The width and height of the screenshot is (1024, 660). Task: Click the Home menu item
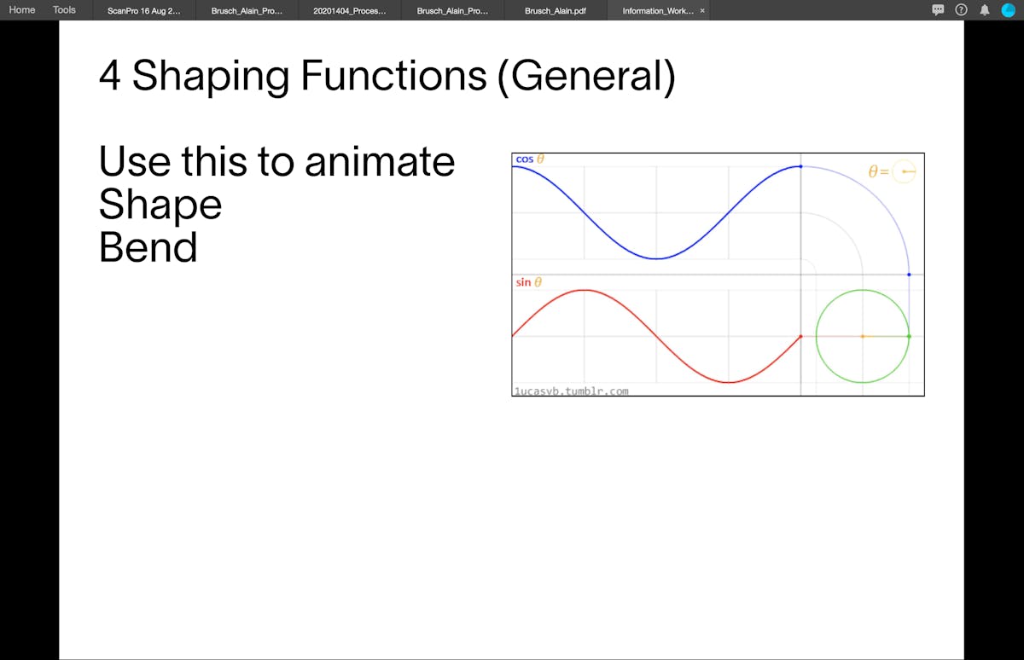[22, 10]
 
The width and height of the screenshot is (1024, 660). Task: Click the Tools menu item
[64, 10]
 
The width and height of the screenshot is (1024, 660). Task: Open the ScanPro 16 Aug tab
[144, 11]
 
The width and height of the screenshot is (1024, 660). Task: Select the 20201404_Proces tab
[350, 11]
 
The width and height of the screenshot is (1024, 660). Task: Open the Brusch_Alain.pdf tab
[556, 11]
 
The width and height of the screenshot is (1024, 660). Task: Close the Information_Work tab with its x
[702, 10]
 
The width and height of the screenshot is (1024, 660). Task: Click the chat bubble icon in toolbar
[938, 10]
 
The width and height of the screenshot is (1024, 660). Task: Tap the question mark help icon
[961, 10]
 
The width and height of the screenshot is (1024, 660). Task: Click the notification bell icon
[985, 10]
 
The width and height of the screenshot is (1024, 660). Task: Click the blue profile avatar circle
[1009, 10]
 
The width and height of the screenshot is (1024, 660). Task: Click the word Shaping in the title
[211, 77]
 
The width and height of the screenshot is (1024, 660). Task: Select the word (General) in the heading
[586, 77]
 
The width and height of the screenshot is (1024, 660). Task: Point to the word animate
[380, 162]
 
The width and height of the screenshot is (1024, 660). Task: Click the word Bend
[148, 246]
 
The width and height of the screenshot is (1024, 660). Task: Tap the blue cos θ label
[530, 159]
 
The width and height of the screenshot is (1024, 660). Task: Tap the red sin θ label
[529, 282]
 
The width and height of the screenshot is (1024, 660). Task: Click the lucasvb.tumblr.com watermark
[572, 391]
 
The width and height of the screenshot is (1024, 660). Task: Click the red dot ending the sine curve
[800, 337]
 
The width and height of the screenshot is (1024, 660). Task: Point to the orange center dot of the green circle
[863, 337]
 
